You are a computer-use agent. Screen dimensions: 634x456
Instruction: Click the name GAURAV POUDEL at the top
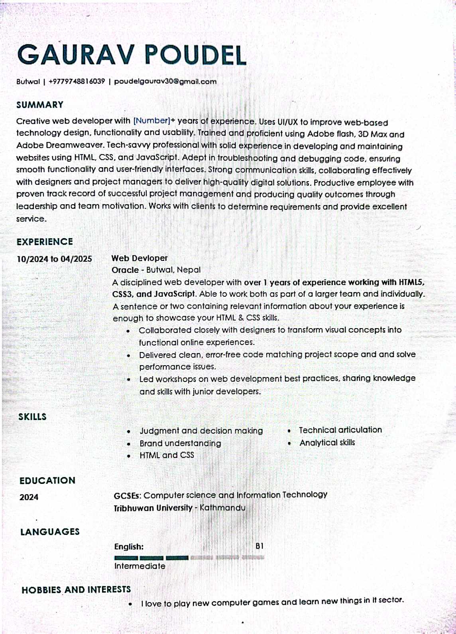point(132,55)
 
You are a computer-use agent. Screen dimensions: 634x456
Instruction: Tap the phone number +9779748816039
point(77,82)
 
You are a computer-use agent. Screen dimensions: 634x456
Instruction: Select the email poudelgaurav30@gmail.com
point(165,82)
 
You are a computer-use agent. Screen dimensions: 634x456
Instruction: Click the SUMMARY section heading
point(40,105)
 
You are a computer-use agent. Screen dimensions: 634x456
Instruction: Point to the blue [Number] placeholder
point(151,121)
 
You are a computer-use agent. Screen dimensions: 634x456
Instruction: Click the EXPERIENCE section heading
point(45,242)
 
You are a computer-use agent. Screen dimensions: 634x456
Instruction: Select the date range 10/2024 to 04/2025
point(54,259)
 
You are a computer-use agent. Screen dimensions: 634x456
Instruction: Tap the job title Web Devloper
point(140,258)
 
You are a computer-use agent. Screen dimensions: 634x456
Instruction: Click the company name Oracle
point(125,270)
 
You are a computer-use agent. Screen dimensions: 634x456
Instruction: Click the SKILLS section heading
point(32,417)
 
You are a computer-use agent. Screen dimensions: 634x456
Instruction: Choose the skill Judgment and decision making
point(201,430)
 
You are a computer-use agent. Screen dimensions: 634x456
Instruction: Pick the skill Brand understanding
point(180,443)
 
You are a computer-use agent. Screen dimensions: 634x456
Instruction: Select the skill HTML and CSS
point(167,455)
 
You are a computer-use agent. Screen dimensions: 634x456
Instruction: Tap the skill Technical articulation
point(340,430)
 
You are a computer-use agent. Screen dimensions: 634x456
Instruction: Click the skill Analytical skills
point(327,442)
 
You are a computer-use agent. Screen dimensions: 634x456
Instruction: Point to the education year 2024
point(29,497)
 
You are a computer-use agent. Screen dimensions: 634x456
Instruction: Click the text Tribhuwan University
point(153,508)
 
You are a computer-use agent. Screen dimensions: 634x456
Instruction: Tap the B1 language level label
point(259,546)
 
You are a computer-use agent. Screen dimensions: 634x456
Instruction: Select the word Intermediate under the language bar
point(140,566)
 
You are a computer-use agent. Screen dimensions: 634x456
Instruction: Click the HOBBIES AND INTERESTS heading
point(76,589)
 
